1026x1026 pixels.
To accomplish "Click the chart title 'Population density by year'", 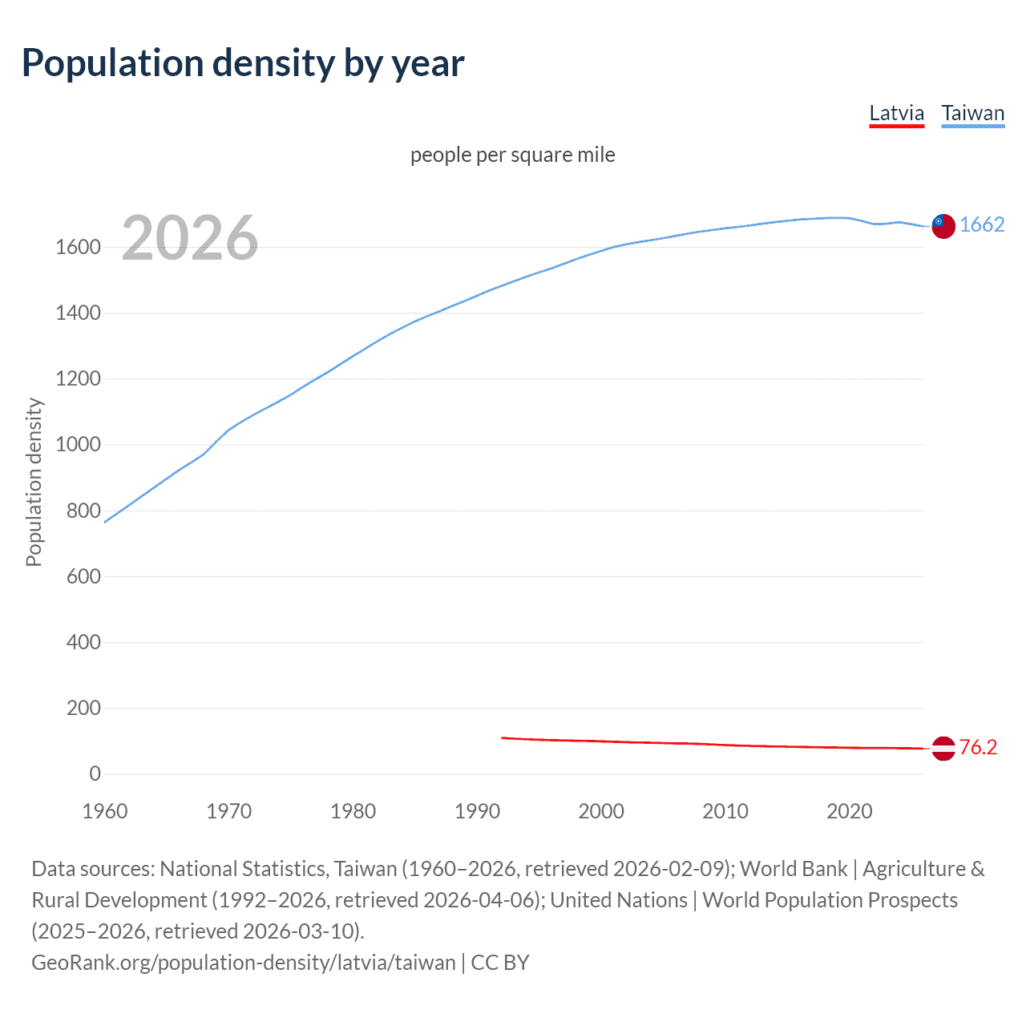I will [x=243, y=63].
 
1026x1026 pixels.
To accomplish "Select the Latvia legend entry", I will [x=896, y=113].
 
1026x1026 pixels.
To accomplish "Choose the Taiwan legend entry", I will [x=972, y=113].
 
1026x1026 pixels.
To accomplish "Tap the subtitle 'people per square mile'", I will [x=512, y=155].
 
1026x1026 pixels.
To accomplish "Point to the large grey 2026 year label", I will [x=189, y=238].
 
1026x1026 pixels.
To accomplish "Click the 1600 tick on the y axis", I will [x=78, y=247].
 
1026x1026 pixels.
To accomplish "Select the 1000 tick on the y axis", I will [x=78, y=445].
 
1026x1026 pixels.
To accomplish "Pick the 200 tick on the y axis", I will [x=83, y=708].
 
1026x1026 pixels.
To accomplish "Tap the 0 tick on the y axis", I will [x=95, y=774].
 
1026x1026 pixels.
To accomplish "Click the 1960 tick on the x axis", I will [x=105, y=811].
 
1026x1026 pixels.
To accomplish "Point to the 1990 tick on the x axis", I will [x=477, y=811].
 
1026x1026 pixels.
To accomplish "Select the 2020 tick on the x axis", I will [x=849, y=811].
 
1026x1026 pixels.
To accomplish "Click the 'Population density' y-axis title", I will [x=34, y=483].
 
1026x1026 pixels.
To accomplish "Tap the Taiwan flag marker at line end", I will [x=943, y=226].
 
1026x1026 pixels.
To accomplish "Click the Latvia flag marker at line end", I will [x=943, y=748].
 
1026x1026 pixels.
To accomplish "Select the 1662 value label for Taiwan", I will [x=981, y=224].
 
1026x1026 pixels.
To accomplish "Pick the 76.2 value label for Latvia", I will [x=978, y=747].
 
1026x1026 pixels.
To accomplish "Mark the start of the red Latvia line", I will [x=503, y=737].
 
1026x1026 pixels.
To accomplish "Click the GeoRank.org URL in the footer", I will [x=243, y=962].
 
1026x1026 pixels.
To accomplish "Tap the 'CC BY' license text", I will [x=500, y=962].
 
